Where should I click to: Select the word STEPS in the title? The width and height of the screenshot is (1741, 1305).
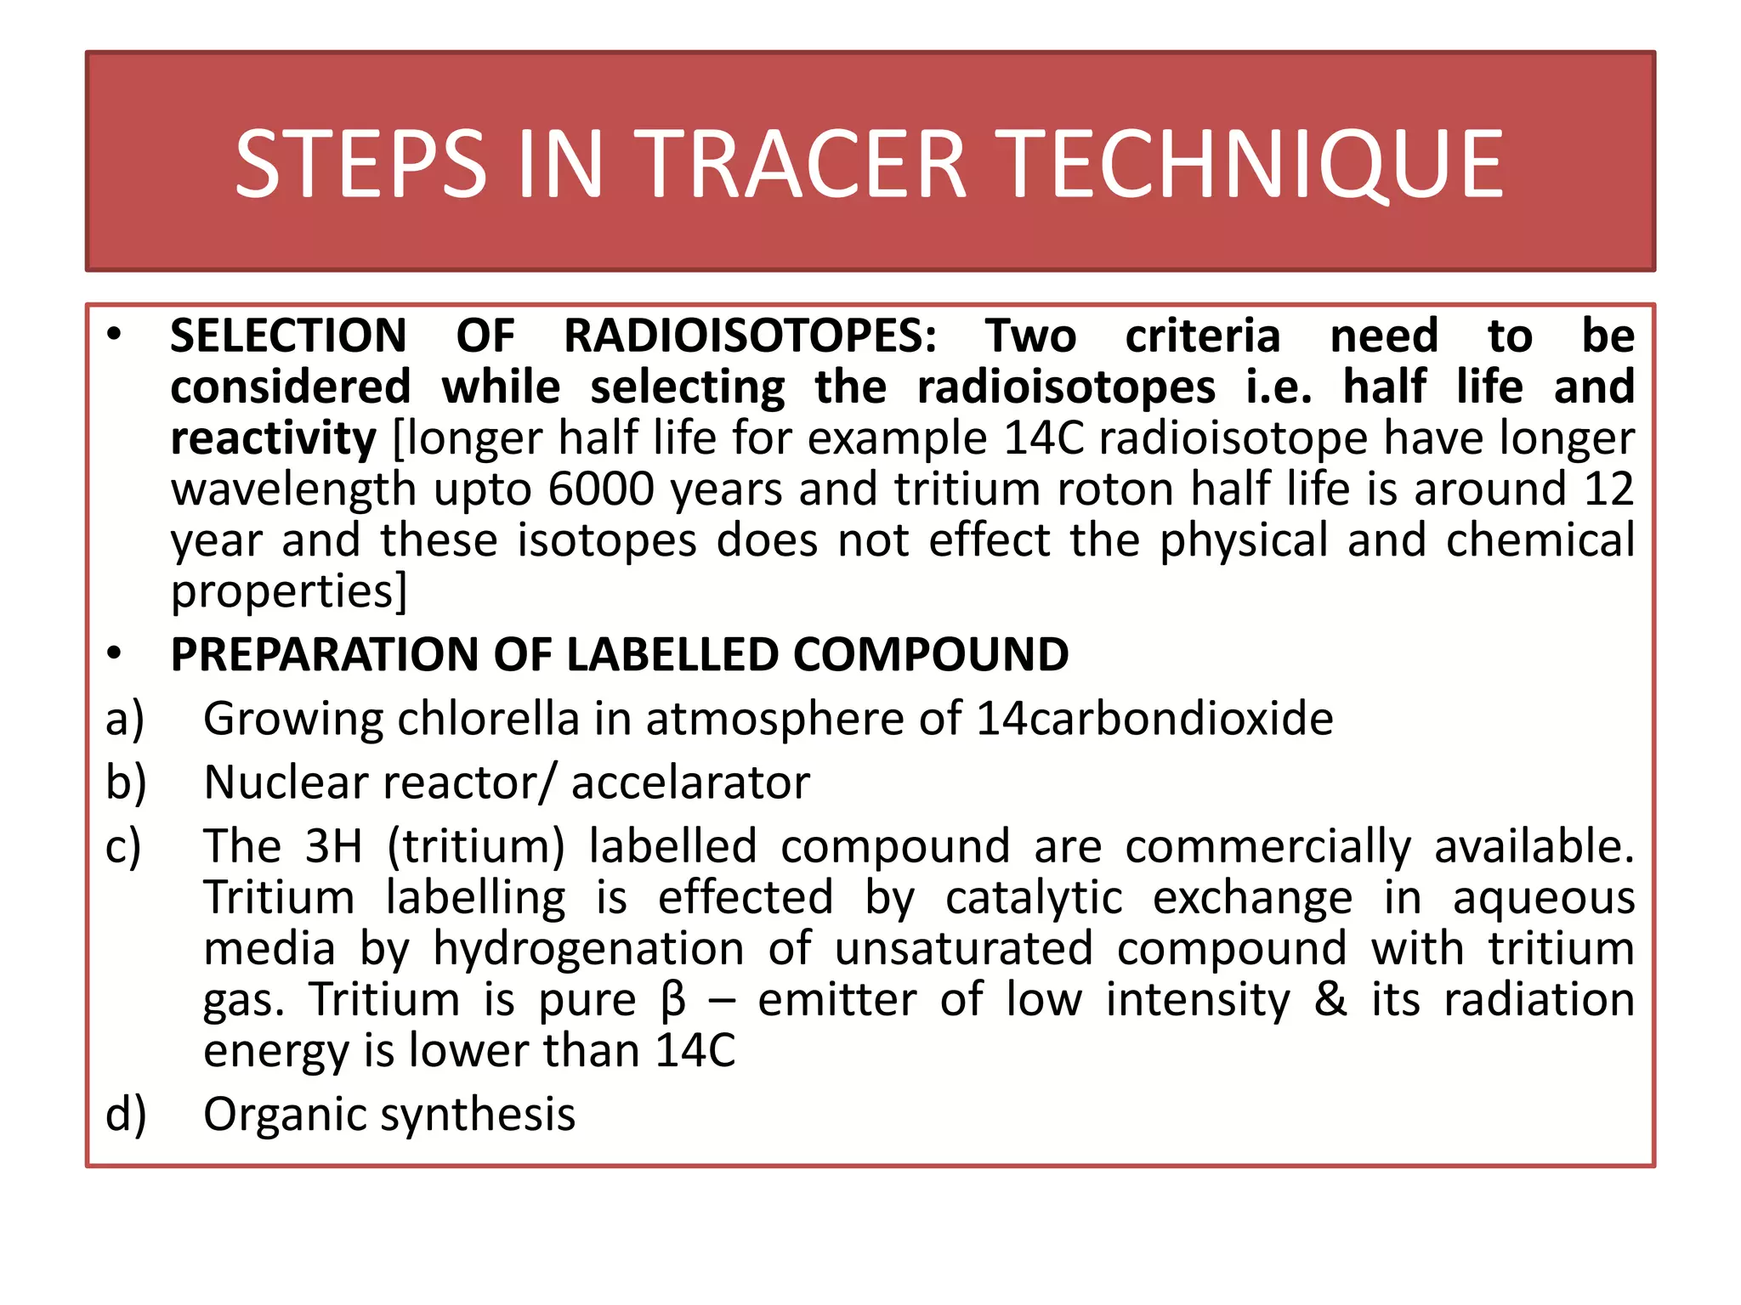tap(360, 163)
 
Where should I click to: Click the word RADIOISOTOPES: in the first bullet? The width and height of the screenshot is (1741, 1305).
tap(751, 336)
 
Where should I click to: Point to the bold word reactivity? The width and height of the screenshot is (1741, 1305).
tap(273, 438)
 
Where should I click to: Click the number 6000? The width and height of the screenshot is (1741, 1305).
tap(601, 489)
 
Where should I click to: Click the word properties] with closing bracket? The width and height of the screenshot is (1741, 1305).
tap(289, 591)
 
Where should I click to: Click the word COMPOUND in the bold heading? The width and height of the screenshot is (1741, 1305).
tap(930, 654)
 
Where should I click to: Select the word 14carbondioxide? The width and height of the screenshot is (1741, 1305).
tap(1154, 719)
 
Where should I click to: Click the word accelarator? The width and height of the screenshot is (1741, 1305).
tap(690, 782)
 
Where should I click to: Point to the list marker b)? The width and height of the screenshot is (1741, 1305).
tap(126, 782)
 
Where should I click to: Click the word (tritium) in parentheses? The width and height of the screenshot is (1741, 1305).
tap(476, 847)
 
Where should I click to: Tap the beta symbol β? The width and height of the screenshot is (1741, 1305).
tap(672, 1000)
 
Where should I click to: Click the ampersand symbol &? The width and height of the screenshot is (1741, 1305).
tap(1330, 1000)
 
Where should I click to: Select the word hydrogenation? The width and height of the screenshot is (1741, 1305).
tap(588, 949)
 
